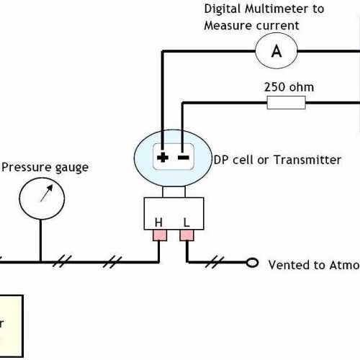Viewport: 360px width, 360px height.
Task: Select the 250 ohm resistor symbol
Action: coord(286,104)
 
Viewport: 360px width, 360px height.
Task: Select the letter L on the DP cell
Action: coord(186,223)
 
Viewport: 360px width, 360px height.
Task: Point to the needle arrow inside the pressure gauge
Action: coord(45,194)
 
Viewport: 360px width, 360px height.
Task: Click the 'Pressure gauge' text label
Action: coord(45,167)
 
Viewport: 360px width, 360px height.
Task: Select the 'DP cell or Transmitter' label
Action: coord(276,160)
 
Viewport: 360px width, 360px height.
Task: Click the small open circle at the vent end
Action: coord(252,263)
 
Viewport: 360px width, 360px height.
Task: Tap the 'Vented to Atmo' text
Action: coord(312,265)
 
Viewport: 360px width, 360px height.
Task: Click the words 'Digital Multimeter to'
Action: coord(264,9)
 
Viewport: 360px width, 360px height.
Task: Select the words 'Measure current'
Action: coord(251,25)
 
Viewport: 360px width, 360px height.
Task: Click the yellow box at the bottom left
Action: coord(11,324)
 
